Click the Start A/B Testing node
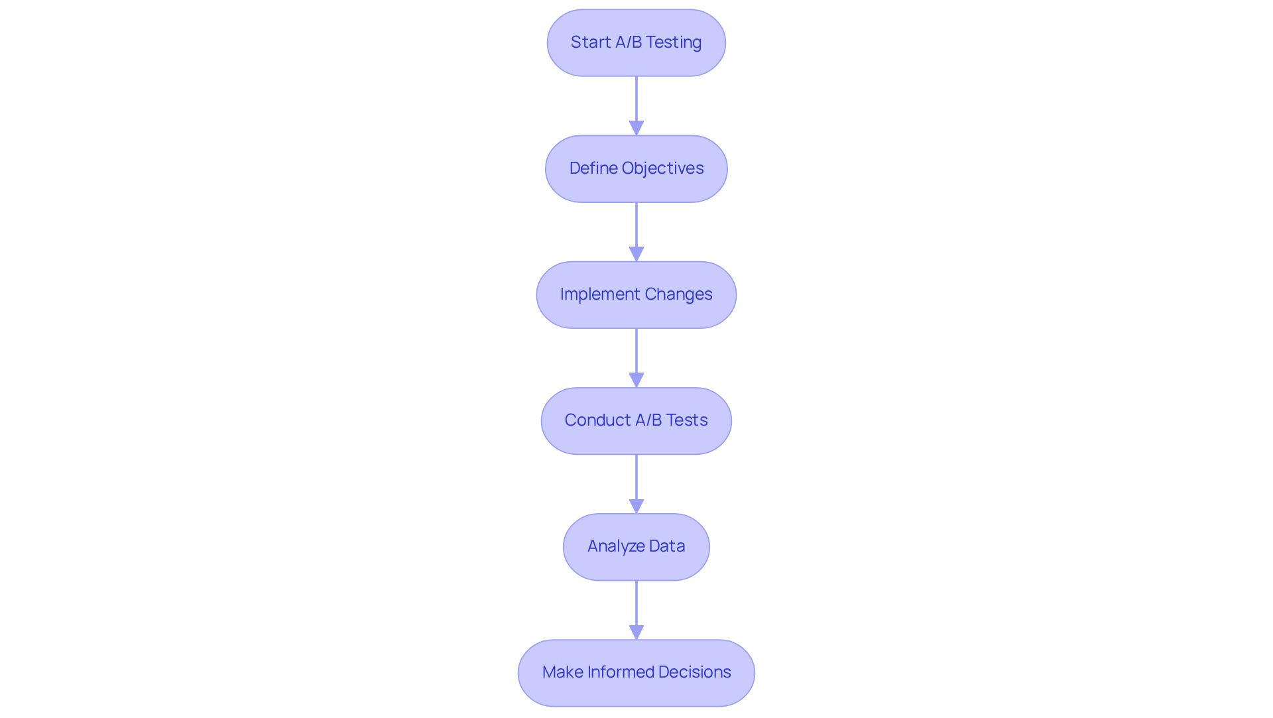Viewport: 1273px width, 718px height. (636, 42)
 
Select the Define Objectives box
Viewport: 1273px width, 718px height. (636, 168)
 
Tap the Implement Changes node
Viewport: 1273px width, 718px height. (636, 294)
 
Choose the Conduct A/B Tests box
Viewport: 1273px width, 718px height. (636, 420)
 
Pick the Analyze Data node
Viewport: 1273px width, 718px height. (636, 546)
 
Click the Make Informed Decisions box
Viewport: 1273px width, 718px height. (636, 672)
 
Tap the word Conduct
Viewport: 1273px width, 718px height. (597, 420)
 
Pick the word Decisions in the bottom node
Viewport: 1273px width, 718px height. (695, 672)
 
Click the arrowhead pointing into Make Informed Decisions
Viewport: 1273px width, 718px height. (636, 632)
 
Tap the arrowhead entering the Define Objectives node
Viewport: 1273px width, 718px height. (636, 128)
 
